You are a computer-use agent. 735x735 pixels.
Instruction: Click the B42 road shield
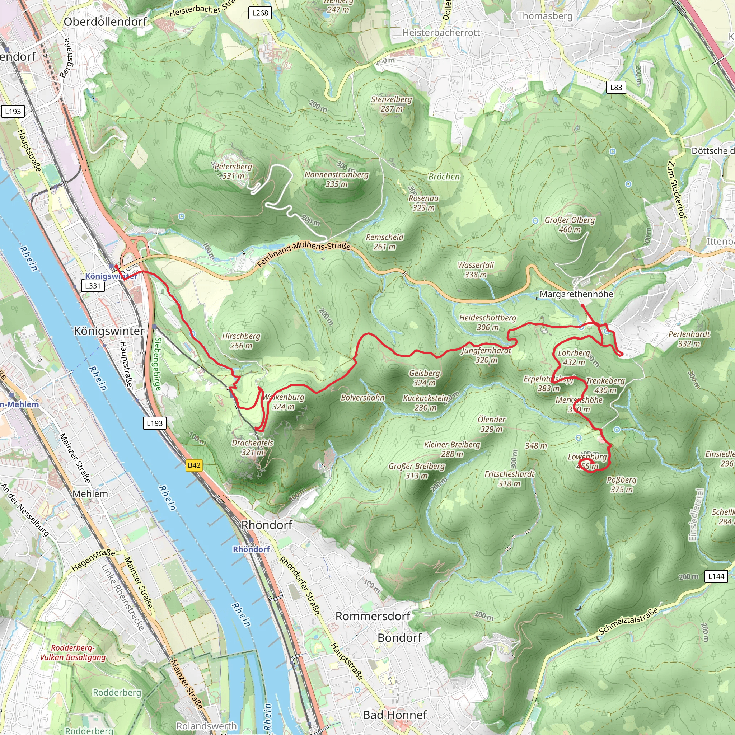194,465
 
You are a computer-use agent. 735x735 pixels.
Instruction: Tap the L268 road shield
260,13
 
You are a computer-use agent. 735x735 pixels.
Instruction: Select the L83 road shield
616,88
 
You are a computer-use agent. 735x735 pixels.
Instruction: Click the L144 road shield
716,576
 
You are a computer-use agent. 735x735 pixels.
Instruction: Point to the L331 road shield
93,286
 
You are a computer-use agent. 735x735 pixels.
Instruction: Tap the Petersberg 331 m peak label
233,171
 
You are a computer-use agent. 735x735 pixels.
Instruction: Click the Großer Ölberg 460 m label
570,224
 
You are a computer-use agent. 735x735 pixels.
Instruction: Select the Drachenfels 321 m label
253,448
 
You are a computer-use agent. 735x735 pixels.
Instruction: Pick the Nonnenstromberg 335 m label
336,179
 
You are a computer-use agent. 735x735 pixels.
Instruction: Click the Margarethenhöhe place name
576,294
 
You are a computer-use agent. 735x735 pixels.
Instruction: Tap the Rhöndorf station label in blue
251,549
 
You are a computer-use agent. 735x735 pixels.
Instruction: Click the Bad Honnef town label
395,715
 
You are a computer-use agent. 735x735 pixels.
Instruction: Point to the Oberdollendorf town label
105,22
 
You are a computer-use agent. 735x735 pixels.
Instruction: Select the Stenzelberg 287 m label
392,104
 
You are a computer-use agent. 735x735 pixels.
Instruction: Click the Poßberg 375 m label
621,484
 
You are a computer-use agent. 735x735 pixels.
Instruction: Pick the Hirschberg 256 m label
241,341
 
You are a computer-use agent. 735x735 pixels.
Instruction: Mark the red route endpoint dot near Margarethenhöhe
582,305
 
